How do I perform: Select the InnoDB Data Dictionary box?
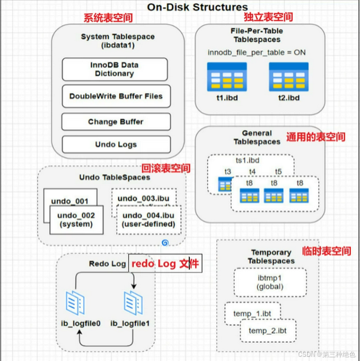pos(115,69)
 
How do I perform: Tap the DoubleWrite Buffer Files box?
pos(115,96)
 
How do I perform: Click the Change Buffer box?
pos(115,122)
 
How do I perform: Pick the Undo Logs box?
pos(115,145)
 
